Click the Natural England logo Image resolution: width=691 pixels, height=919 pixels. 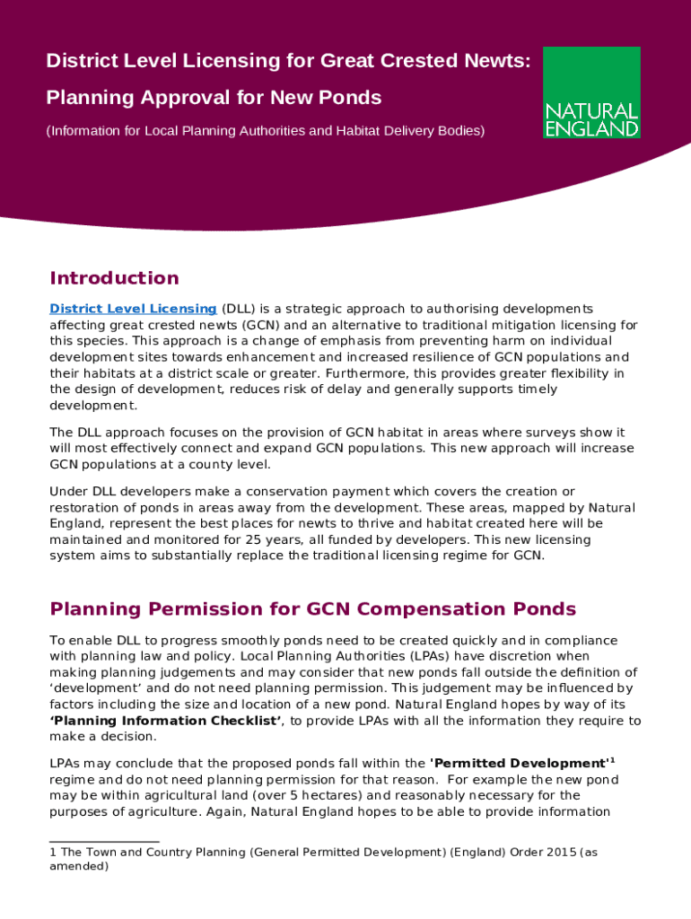point(591,92)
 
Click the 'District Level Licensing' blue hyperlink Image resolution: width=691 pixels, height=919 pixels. point(133,309)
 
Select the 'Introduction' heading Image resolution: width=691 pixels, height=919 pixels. point(114,278)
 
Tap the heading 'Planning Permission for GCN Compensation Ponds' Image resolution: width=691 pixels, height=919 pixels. point(312,609)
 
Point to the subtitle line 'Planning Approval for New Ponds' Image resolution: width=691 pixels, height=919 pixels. point(214,97)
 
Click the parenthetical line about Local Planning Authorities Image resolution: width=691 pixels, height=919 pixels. point(265,131)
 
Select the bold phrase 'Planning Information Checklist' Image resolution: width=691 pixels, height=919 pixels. point(166,721)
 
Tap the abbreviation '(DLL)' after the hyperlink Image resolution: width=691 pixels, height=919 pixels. point(238,309)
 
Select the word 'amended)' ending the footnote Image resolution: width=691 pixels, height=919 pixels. point(79,867)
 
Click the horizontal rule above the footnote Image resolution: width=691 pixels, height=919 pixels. point(104,841)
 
